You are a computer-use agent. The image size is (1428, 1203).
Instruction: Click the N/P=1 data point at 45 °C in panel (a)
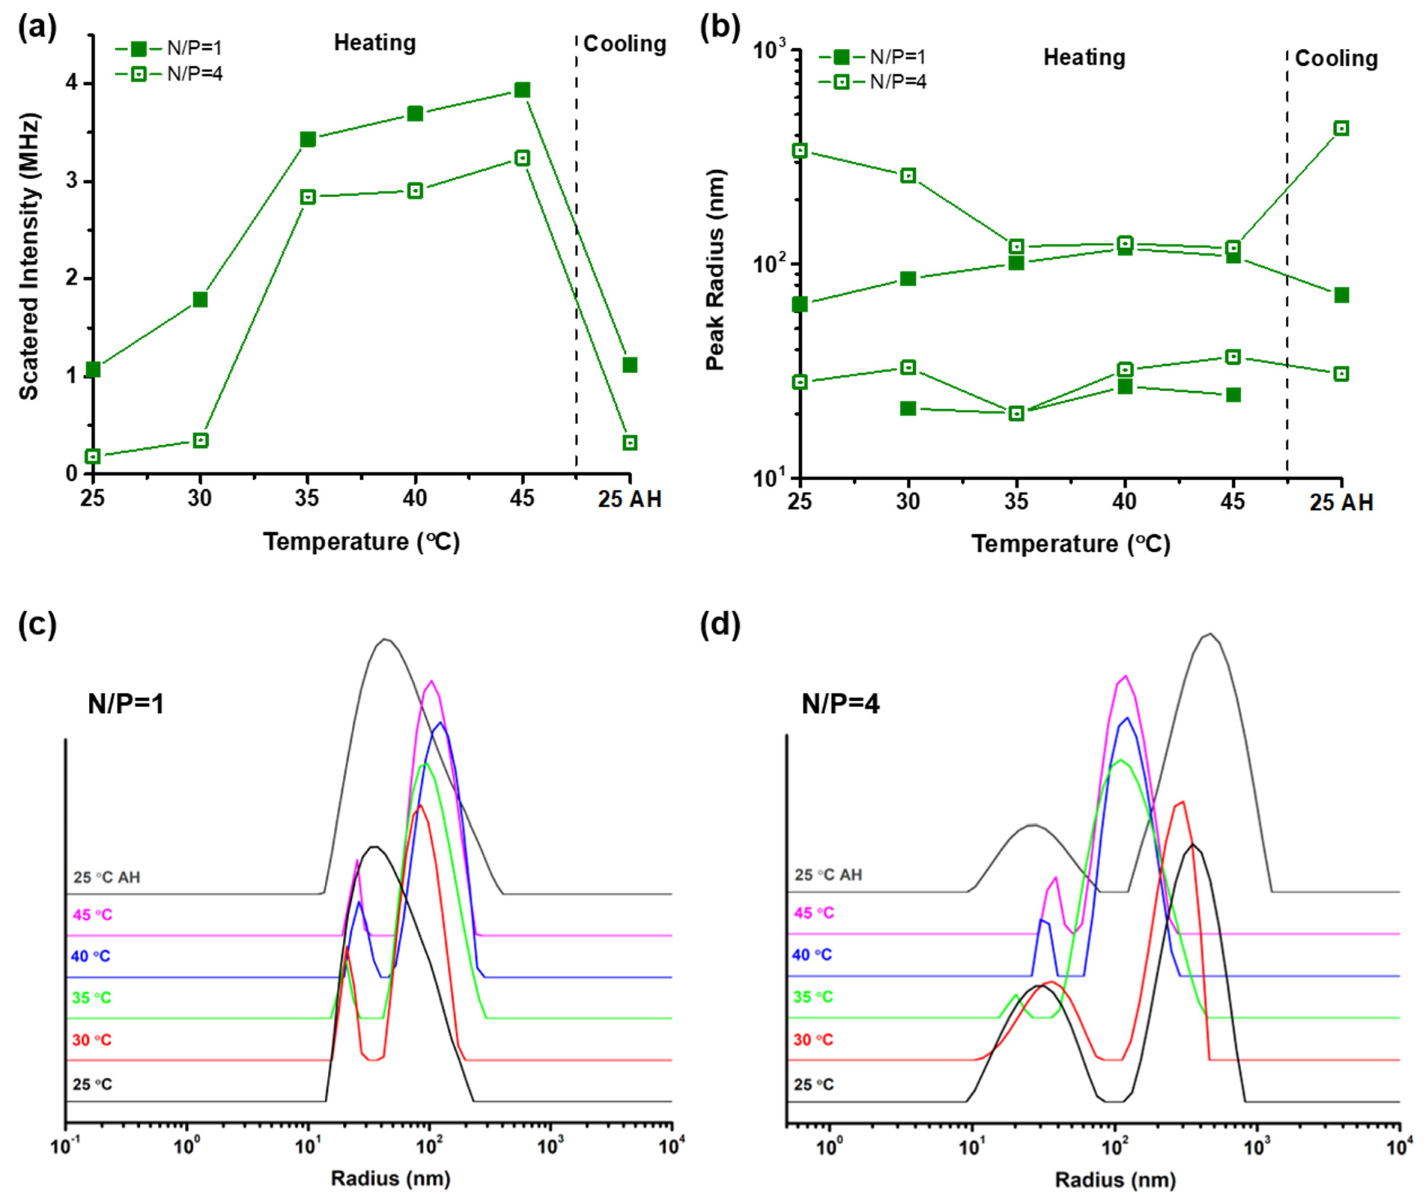(x=522, y=90)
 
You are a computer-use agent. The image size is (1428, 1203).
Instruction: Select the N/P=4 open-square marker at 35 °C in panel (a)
(x=307, y=197)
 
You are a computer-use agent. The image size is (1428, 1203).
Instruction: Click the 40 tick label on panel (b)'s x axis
(x=1125, y=502)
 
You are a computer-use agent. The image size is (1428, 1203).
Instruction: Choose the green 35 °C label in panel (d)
(x=813, y=997)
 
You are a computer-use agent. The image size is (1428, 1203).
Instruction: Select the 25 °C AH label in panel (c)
(x=107, y=877)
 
